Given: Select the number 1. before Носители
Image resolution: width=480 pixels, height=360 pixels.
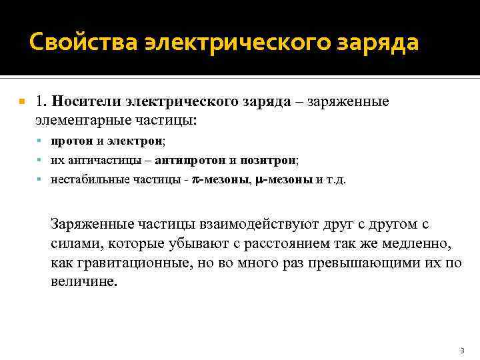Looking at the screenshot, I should tap(41, 101).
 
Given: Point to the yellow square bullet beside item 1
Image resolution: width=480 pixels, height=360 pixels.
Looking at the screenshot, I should tap(22, 102).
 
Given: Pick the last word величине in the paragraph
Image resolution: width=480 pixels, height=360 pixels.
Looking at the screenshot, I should tap(83, 281).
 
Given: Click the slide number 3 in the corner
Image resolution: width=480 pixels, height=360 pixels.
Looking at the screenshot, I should tap(461, 350).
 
